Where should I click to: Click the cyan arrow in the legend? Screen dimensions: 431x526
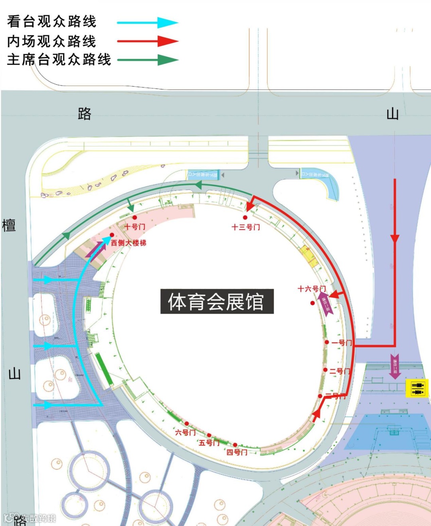point(148,22)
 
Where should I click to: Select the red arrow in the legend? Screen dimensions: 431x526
point(148,41)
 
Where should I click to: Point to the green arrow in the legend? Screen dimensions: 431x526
point(148,60)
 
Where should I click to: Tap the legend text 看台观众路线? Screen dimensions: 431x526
point(52,22)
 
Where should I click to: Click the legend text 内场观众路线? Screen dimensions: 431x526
point(52,41)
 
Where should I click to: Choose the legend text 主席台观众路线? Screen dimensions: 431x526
point(59,60)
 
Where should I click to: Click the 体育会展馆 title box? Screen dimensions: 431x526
point(217,301)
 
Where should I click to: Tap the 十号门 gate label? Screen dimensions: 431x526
point(135,227)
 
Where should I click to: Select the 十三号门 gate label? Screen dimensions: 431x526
point(246,227)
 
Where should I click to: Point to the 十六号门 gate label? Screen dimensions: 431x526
point(312,289)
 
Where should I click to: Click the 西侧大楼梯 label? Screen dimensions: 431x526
point(129,243)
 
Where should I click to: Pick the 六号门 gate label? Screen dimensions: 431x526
point(185,432)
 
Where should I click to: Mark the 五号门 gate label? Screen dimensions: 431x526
point(209,443)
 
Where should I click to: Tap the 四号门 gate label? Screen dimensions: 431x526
point(237,452)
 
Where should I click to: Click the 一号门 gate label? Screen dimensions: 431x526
point(341,342)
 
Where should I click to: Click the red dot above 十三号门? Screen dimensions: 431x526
point(245,218)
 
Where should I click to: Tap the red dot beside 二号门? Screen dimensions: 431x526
point(325,370)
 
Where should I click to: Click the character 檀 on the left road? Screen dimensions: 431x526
point(9,225)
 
